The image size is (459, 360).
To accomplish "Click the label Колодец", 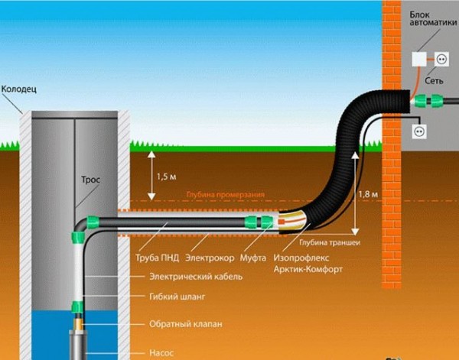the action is [19, 89].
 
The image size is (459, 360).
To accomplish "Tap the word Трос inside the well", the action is [90, 180].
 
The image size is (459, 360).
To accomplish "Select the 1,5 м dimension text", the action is [167, 177].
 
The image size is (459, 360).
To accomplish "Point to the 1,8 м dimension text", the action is [368, 194].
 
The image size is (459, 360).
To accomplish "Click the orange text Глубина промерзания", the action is [226, 195].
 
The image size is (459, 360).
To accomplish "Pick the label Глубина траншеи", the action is [330, 242].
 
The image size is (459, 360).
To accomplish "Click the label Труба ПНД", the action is [157, 258].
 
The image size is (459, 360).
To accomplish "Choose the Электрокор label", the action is [210, 258].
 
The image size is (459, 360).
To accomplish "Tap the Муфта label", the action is [253, 258].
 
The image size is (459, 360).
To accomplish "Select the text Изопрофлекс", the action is [301, 258].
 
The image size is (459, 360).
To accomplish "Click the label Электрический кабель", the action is [196, 277].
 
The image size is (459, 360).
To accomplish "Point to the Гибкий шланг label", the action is [177, 297].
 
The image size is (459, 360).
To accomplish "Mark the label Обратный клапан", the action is [186, 324].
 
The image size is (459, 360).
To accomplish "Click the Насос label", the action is [161, 352].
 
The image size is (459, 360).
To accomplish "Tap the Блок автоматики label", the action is [433, 18].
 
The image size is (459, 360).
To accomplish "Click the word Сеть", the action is [434, 81].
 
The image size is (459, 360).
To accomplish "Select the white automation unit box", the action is [419, 60].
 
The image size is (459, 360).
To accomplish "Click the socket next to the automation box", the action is [441, 60].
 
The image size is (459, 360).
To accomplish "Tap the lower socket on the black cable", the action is [419, 131].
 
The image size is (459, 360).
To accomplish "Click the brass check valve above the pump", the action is [79, 323].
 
